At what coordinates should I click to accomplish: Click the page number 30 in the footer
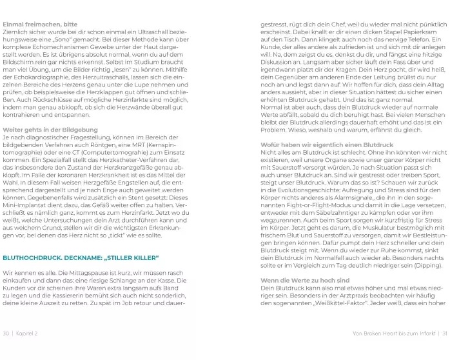(x=6, y=334)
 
